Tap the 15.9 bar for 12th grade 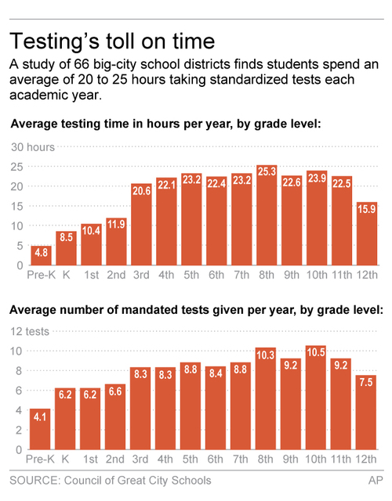(x=368, y=234)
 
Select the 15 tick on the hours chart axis (x=15, y=206)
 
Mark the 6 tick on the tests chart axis (x=18, y=391)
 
